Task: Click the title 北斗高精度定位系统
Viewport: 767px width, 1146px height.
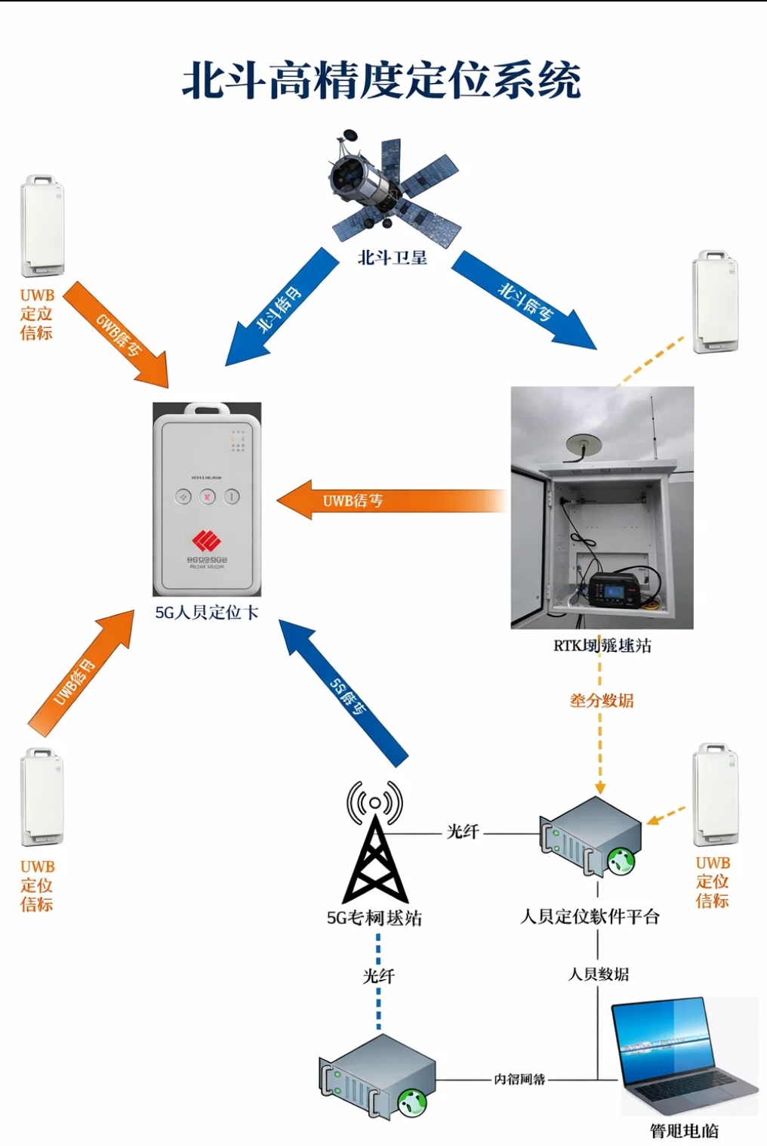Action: click(x=381, y=81)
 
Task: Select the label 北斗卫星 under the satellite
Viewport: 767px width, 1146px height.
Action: click(x=393, y=258)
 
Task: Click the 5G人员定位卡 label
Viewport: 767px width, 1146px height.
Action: click(x=207, y=612)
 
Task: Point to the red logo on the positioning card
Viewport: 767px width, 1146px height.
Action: click(x=206, y=539)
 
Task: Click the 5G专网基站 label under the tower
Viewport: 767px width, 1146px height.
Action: click(x=374, y=918)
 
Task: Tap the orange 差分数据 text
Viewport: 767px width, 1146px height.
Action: click(x=601, y=700)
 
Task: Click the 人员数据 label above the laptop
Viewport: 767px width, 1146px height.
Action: click(x=598, y=974)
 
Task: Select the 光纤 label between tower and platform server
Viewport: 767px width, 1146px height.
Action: click(x=462, y=832)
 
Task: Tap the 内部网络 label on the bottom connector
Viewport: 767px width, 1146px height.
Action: click(x=519, y=1079)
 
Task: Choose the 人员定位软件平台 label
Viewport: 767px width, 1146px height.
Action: click(x=590, y=916)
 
